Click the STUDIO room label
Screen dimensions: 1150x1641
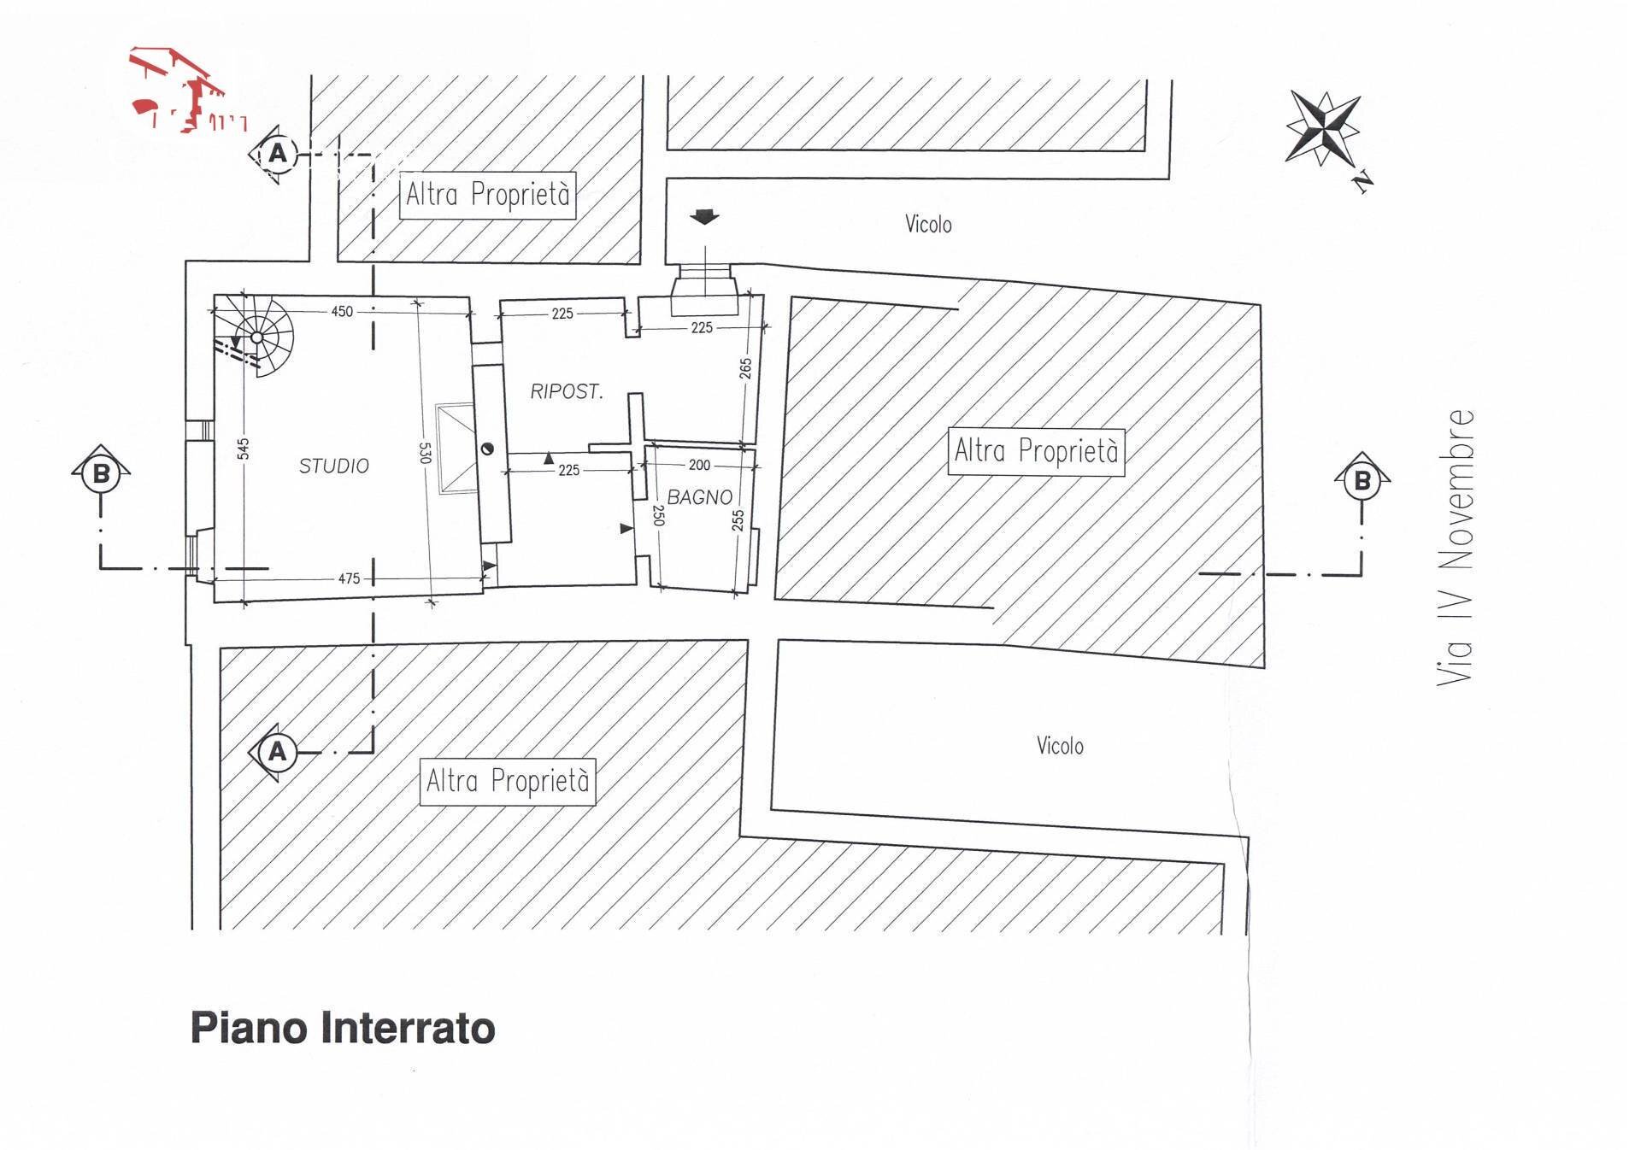[x=333, y=466]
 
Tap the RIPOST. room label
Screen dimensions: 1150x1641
[x=566, y=391]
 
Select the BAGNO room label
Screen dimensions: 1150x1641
[x=699, y=496]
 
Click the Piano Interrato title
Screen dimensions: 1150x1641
[x=342, y=1028]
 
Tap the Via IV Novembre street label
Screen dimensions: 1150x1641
[x=1456, y=547]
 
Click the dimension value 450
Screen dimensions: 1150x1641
[x=342, y=311]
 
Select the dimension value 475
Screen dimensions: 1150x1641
[x=349, y=578]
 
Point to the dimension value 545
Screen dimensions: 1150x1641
[x=243, y=448]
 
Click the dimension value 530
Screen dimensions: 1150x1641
[x=425, y=452]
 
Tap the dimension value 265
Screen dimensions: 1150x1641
[x=745, y=368]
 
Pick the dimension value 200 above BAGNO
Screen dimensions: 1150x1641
[x=698, y=465]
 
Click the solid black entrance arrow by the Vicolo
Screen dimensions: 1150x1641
[x=704, y=218]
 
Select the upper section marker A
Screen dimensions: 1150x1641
[x=277, y=154]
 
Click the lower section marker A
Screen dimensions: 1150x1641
[x=277, y=752]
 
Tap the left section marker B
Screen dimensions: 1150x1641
[x=101, y=472]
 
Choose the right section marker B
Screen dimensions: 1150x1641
[x=1362, y=480]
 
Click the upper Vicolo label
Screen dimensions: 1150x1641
[x=928, y=225]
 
